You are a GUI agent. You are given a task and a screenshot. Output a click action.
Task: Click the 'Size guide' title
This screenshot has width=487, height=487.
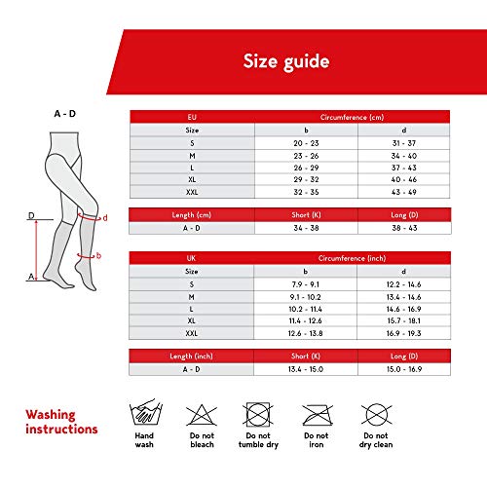286,61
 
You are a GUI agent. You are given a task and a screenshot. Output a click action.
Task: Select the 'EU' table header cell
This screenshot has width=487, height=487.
192,116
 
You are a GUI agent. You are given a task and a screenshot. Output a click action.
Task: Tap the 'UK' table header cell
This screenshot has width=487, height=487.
192,257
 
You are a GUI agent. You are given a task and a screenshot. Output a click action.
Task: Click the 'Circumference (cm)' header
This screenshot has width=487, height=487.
352,116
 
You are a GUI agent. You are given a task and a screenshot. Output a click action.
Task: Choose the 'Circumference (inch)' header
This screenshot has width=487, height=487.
352,257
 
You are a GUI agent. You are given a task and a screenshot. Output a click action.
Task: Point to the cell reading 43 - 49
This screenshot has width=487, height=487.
400,192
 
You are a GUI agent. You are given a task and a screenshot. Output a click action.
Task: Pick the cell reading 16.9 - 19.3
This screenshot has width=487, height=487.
400,333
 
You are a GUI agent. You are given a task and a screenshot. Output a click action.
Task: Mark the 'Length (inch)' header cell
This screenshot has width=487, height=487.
192,356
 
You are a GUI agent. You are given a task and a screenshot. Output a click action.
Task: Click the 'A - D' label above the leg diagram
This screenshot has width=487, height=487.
64,114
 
